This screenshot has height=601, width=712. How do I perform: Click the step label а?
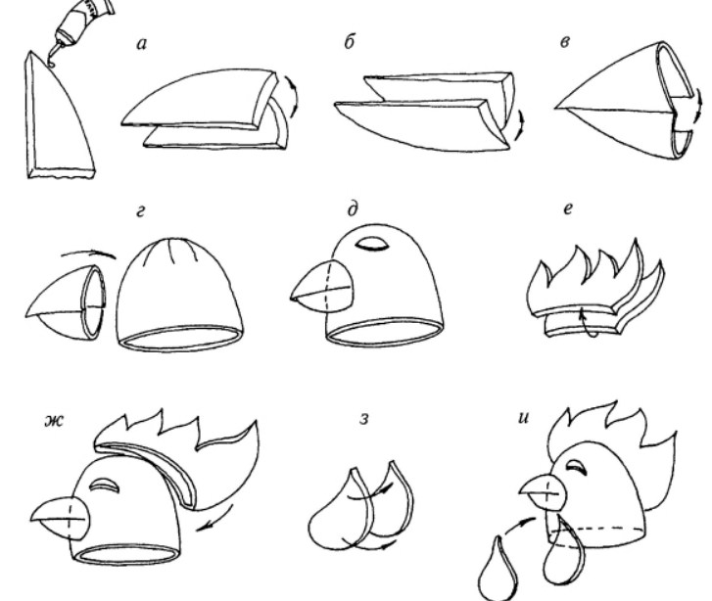142,44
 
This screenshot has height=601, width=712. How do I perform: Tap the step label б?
349,42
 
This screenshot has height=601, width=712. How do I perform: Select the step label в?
565,43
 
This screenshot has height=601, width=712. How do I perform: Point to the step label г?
141,211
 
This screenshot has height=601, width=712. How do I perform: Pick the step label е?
568,208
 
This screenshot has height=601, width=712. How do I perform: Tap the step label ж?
55,421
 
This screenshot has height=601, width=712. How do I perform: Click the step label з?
364,419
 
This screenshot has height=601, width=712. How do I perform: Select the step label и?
524,418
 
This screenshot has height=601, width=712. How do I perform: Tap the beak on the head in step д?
322,287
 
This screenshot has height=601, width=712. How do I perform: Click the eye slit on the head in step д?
372,244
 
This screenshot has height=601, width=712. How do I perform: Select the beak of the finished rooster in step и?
544,491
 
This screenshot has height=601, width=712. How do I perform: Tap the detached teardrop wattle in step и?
498,570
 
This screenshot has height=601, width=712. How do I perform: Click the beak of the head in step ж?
61,519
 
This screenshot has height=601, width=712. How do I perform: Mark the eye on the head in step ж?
105,485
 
